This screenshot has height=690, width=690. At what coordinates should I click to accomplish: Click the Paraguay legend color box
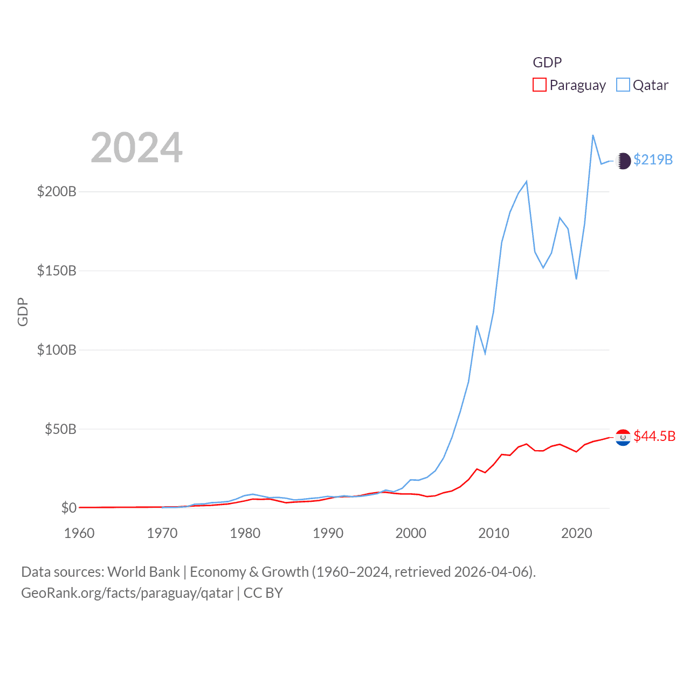540,85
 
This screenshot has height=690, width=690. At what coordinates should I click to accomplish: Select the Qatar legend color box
623,85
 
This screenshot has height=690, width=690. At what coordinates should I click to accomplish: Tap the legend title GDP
547,63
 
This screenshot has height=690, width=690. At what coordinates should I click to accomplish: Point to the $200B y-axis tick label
57,191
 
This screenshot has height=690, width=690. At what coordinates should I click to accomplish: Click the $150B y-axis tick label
57,271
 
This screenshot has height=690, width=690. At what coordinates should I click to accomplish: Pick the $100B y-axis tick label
57,350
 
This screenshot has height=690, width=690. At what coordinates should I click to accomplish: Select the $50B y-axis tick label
60,429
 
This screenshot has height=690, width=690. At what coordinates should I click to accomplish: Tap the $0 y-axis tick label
68,508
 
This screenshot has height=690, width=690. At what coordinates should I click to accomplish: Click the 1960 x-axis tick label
79,533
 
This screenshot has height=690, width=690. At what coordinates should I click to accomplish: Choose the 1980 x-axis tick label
245,533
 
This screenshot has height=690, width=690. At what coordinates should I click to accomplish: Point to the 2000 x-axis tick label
411,533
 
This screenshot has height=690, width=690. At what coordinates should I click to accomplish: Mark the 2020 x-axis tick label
577,533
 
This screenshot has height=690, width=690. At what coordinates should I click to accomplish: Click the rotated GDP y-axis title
23,312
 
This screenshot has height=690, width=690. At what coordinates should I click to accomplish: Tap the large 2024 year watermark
136,148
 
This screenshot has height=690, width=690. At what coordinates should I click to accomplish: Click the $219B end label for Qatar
653,160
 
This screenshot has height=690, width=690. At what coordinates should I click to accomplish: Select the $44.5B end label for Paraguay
654,436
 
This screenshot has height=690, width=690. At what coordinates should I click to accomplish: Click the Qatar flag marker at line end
623,161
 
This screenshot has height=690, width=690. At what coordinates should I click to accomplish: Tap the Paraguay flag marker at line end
623,437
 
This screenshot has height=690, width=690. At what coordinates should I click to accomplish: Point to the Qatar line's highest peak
593,135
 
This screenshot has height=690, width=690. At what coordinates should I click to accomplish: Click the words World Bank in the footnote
143,571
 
